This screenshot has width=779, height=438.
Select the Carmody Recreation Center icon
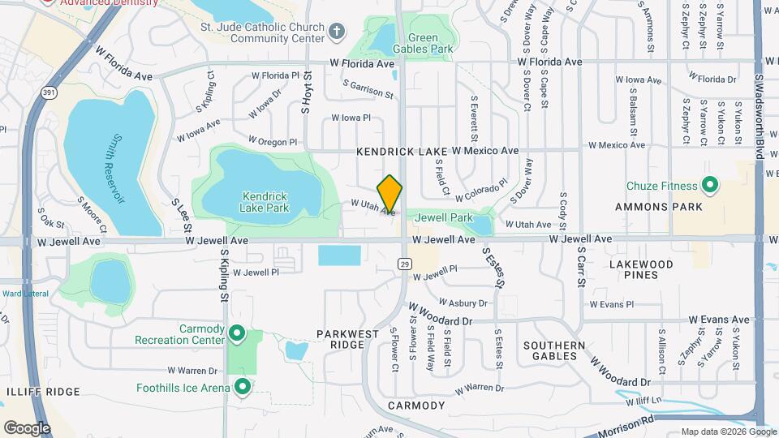point(237,333)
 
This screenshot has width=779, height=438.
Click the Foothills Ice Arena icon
point(242,387)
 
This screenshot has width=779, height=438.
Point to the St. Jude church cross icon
point(336,31)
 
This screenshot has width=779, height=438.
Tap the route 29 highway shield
point(403,263)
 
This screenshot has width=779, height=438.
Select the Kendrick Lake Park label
point(265,201)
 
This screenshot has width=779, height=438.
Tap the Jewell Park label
point(444,217)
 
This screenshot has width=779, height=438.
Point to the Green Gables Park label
point(429,43)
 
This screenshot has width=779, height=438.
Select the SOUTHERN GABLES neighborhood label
point(554,350)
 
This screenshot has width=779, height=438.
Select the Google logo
point(27,427)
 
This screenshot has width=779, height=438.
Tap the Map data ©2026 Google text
point(727,432)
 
